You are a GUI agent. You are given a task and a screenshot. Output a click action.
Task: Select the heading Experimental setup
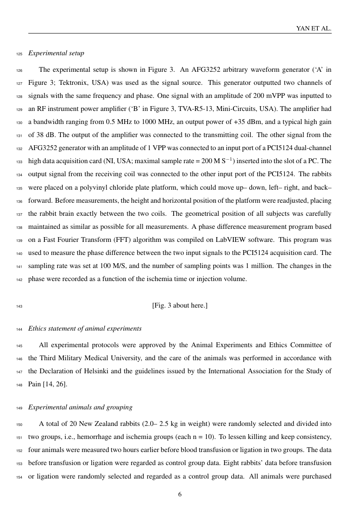[56, 53]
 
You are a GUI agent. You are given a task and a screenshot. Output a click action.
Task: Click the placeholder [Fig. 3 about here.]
[180, 305]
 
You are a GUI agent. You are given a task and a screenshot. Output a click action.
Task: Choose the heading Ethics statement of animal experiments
[85, 328]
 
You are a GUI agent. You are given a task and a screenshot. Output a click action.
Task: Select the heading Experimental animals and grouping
[81, 407]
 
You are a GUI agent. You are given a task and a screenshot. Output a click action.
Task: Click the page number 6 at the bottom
[180, 494]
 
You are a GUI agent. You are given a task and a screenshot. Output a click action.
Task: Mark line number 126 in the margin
[19, 70]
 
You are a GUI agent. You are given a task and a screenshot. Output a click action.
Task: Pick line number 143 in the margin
[19, 306]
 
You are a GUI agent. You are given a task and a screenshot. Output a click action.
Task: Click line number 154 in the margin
[19, 476]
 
